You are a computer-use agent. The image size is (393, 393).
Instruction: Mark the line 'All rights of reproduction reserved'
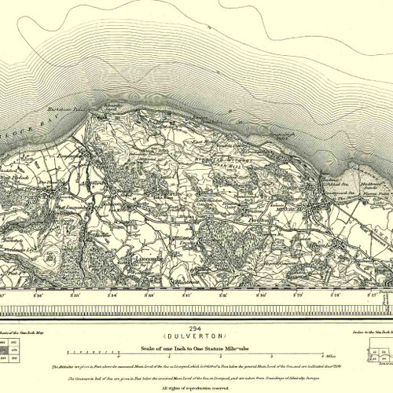tap(196, 387)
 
